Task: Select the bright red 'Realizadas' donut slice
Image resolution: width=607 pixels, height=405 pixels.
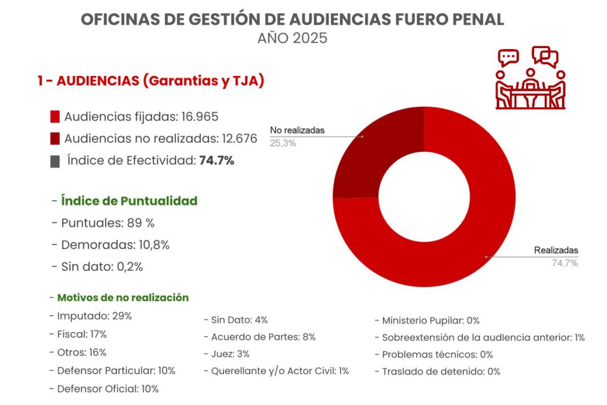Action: tap(474, 225)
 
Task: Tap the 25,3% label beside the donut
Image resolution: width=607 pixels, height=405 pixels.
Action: tap(283, 143)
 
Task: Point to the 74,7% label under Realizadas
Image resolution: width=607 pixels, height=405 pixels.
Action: tap(564, 263)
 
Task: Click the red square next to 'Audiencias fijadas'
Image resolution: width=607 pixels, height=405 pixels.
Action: tap(56, 117)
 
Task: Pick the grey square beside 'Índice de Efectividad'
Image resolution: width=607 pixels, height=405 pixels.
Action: tap(55, 161)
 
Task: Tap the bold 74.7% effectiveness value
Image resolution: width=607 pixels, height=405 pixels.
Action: tap(217, 160)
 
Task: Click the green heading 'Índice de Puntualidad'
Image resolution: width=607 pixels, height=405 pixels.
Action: tap(129, 201)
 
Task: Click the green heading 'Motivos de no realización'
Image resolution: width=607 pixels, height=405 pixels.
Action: tap(123, 298)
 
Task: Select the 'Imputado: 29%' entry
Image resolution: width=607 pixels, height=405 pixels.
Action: tap(94, 316)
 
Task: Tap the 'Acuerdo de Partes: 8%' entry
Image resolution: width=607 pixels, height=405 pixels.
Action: tap(263, 337)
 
